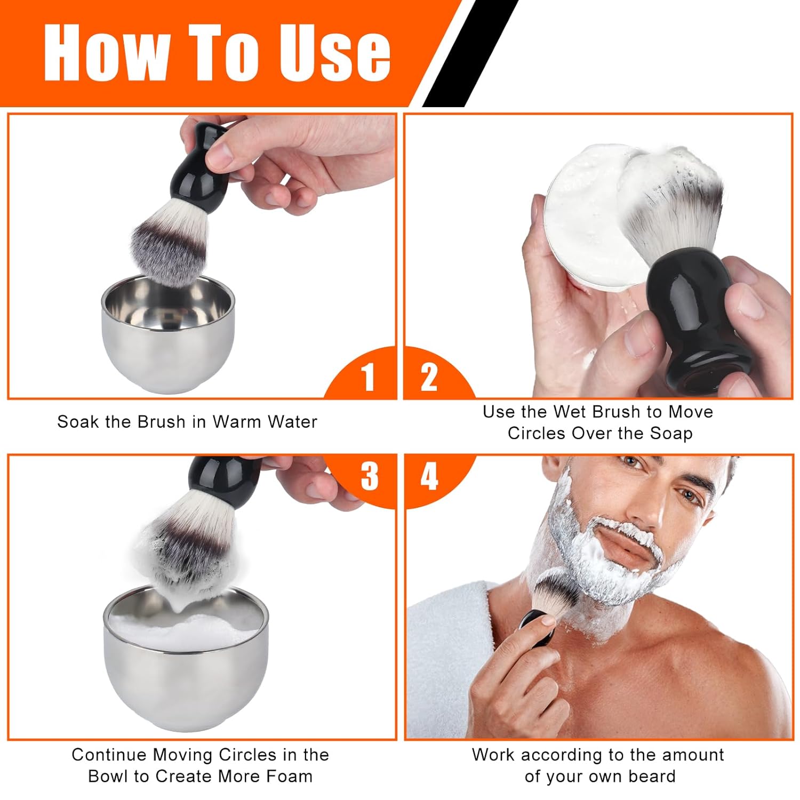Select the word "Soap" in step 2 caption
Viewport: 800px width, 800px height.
[670, 433]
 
